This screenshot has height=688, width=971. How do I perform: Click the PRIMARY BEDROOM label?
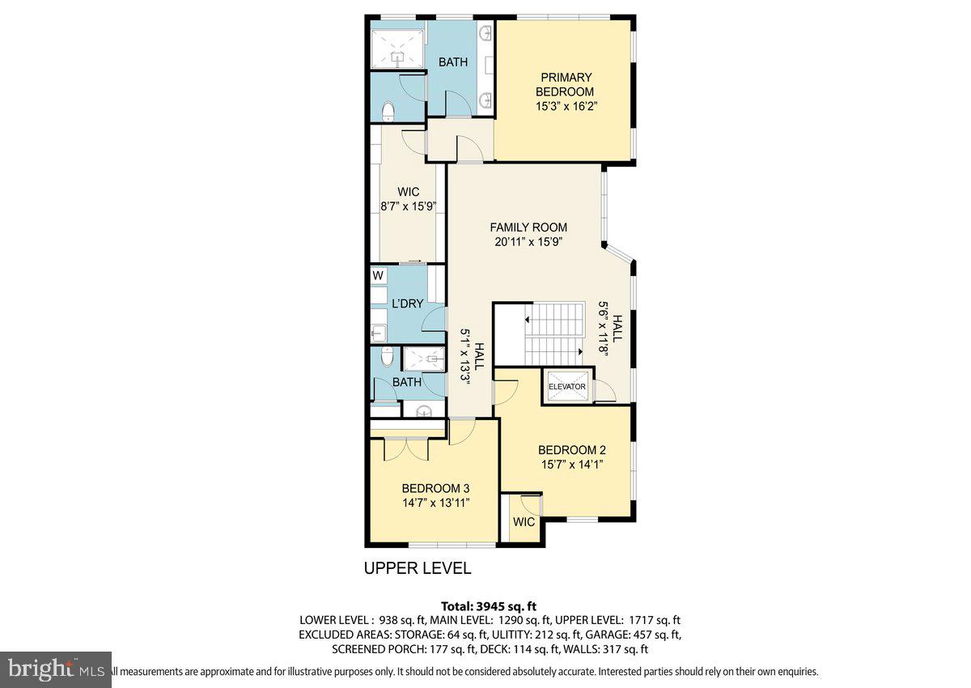pos(566,84)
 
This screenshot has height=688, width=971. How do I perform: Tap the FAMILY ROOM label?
pos(528,227)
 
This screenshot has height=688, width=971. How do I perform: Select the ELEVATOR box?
pos(566,386)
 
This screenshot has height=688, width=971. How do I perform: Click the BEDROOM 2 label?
pos(571,450)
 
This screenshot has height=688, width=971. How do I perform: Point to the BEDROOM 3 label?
pos(435,488)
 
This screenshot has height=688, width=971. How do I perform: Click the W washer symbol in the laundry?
pos(377,275)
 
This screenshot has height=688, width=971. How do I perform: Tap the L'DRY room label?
pos(408,304)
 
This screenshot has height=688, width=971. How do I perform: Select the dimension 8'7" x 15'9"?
pos(409,206)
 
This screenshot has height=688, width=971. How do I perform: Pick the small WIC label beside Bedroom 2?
pos(524,522)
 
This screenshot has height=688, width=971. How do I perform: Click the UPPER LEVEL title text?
pos(417,568)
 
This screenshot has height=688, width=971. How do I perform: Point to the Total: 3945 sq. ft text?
pos(489,605)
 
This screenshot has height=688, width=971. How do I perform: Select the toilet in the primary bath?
pos(387,110)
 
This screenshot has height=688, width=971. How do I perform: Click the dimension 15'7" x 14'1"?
pos(571,465)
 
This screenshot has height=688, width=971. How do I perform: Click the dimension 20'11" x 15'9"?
pos(528,241)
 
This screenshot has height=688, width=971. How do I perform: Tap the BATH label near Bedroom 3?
pos(407,382)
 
